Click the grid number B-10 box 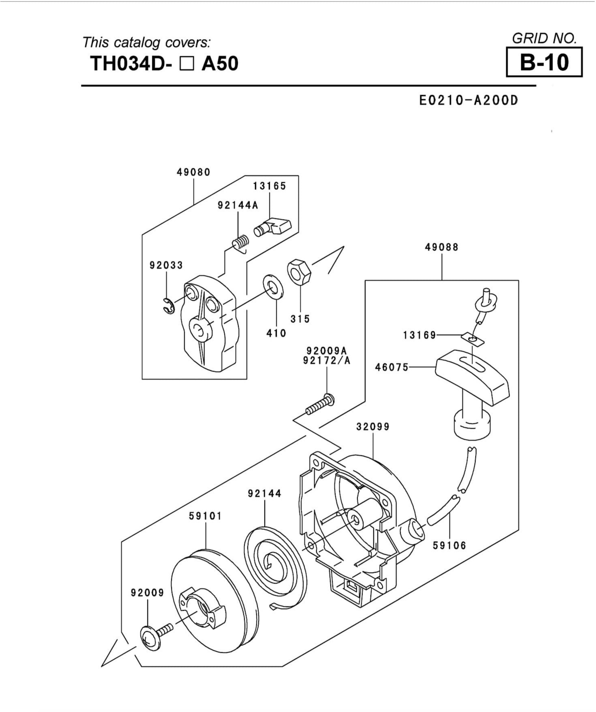[544, 62]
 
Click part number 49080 [193, 172]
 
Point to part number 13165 [269, 186]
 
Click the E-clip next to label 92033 [168, 306]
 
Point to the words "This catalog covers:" [146, 43]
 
